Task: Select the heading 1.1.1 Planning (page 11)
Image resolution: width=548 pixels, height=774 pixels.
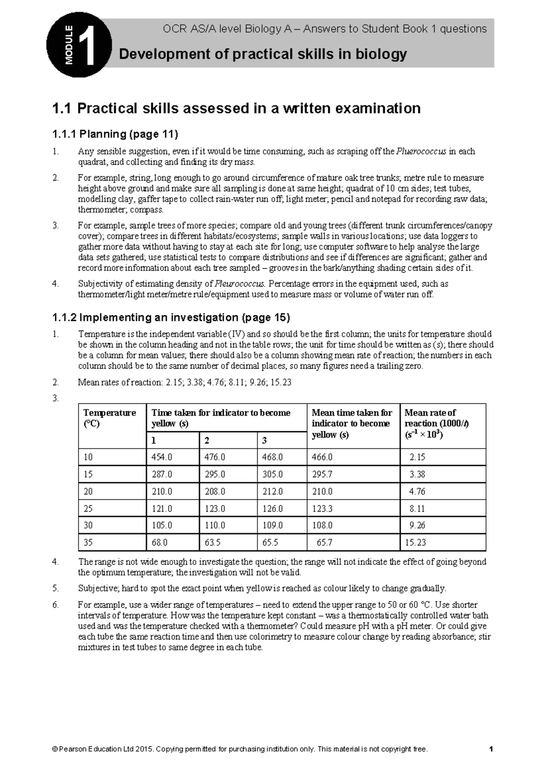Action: coord(115,134)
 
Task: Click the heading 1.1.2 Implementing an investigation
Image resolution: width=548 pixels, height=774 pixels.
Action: coord(171,317)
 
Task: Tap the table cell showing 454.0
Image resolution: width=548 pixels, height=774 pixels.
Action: coord(162,457)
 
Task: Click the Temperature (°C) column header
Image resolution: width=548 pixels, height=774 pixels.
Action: coord(110,418)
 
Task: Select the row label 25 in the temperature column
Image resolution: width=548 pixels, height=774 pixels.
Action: coord(88,508)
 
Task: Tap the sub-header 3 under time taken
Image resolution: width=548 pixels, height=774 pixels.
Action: coord(264,440)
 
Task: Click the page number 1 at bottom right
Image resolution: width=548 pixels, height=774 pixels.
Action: coord(490,749)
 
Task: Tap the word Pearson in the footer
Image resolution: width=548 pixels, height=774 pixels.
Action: coord(73,749)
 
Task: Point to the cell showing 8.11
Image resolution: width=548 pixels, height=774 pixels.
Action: coord(417,508)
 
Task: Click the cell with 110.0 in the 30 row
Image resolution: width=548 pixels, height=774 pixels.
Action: coord(215,525)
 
